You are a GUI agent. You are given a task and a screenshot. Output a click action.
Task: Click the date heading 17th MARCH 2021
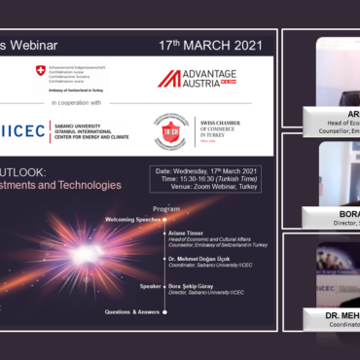209,46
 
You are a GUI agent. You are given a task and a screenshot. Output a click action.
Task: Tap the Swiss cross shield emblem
40,71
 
